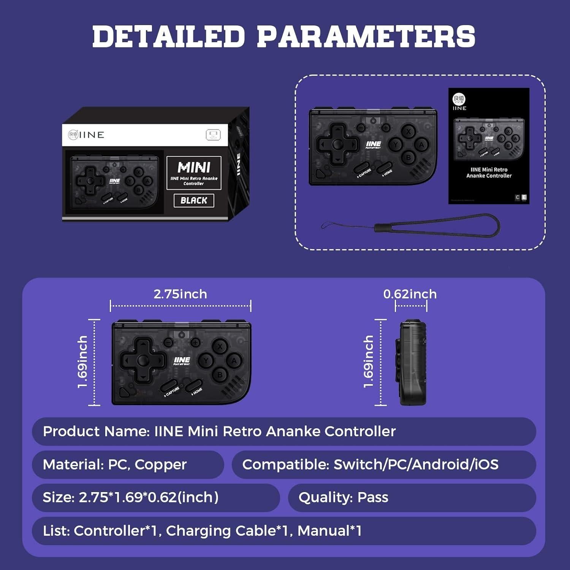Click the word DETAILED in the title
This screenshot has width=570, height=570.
click(168, 36)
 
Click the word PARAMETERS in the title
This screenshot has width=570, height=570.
click(366, 36)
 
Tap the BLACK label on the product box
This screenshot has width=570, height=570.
click(194, 200)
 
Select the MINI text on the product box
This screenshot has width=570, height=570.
click(194, 167)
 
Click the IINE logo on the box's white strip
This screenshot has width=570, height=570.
click(86, 135)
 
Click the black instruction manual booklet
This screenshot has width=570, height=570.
click(489, 146)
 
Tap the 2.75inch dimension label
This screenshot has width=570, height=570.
click(180, 294)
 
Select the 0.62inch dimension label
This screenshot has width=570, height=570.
click(410, 294)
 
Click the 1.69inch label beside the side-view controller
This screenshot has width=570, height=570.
click(368, 361)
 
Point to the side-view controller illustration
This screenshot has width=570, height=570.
click(412, 363)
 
